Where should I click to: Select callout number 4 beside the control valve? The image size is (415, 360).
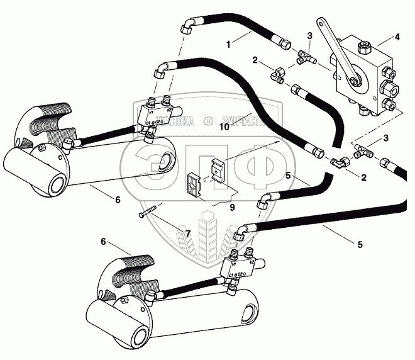pyautogui.click(x=396, y=38)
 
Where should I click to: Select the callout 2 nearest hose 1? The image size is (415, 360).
pyautogui.click(x=255, y=61)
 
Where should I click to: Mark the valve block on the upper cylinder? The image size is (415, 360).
pyautogui.click(x=157, y=114)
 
